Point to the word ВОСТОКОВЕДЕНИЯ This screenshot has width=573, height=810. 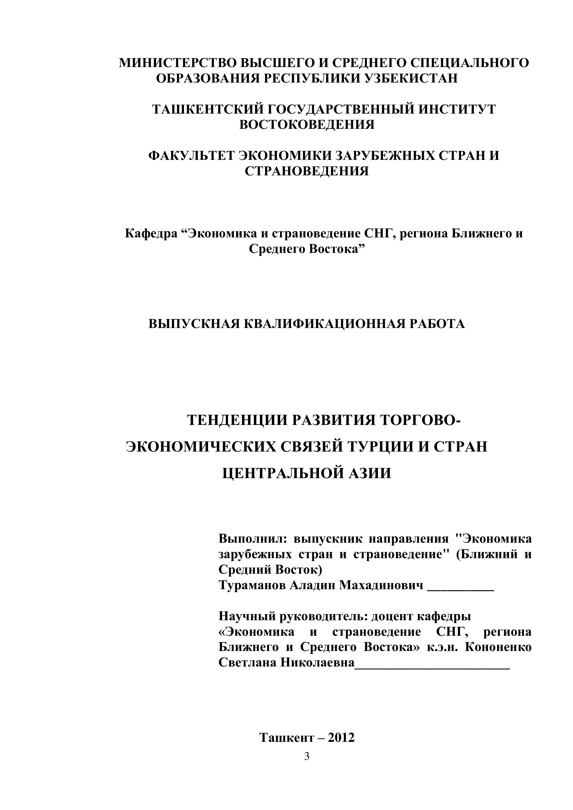[307, 125]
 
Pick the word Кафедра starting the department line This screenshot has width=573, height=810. [151, 234]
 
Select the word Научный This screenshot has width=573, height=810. [247, 616]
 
